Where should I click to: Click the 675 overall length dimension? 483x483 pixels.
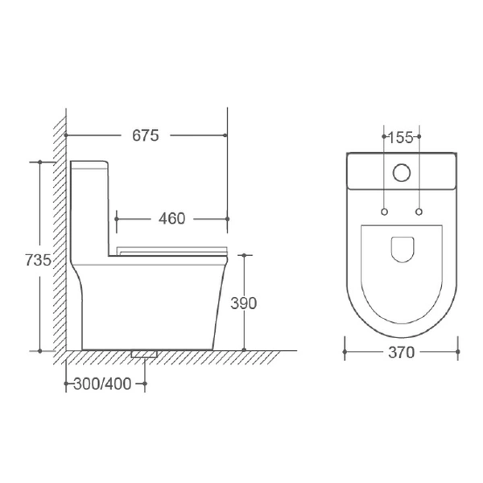[146, 135]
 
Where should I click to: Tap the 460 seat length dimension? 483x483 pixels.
[172, 219]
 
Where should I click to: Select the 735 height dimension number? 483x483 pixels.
[38, 260]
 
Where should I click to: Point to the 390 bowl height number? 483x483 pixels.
[243, 303]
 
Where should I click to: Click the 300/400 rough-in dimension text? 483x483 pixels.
[102, 384]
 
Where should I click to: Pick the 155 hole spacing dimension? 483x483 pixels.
[400, 138]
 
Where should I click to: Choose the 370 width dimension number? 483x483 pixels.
[402, 353]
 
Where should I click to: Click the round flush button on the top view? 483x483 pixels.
[402, 172]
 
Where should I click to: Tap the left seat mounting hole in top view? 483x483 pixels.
[384, 212]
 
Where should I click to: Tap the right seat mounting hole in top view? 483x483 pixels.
[419, 212]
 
